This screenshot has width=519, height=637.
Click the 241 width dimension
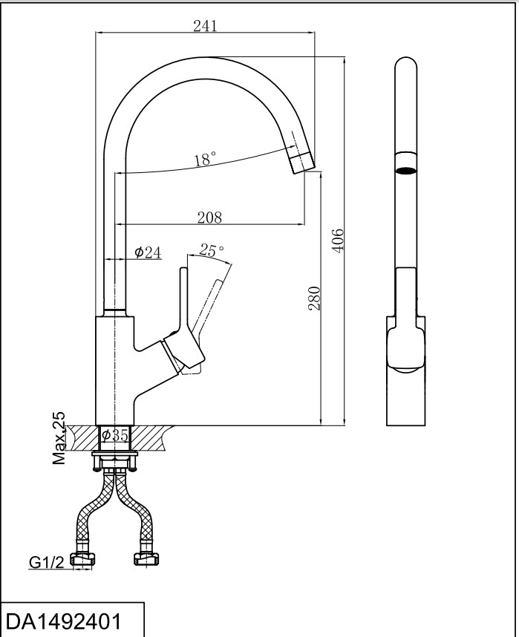tap(205, 25)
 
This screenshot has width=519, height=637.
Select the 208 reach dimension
tap(209, 217)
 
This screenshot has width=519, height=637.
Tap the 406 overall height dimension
tap(337, 241)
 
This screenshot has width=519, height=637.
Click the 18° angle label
tap(205, 159)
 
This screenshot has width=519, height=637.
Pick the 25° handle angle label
tap(212, 251)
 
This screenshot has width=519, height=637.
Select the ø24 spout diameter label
tap(148, 253)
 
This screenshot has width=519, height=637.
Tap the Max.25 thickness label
tap(59, 439)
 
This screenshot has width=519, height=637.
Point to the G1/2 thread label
tap(45, 563)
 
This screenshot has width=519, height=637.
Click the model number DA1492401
tap(63, 621)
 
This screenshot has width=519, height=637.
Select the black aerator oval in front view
tap(405, 170)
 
